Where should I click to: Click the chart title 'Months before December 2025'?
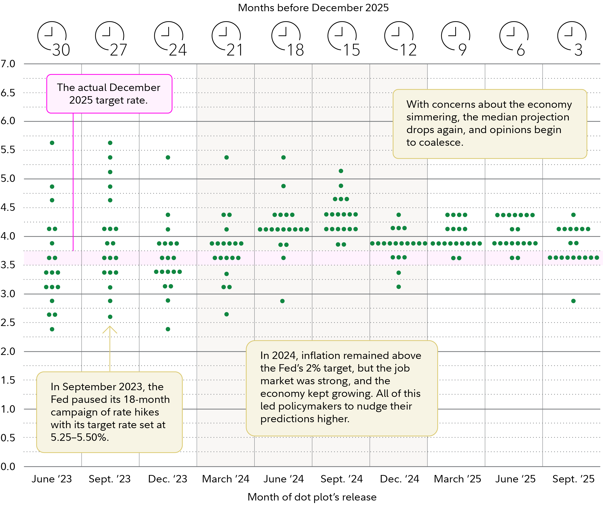[313, 8]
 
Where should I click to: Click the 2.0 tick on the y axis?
[8, 351]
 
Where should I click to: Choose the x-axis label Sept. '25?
[573, 479]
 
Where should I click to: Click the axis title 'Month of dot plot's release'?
[312, 497]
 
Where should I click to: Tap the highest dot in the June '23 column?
[52, 143]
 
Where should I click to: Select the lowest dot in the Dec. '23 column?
[168, 329]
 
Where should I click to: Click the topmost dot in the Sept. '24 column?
[341, 171]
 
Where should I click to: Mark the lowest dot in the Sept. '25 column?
[573, 301]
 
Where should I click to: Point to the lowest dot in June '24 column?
[282, 301]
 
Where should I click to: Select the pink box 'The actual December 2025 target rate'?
[109, 94]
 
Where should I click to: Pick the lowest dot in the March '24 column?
[226, 314]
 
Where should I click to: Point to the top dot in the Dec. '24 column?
[399, 215]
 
